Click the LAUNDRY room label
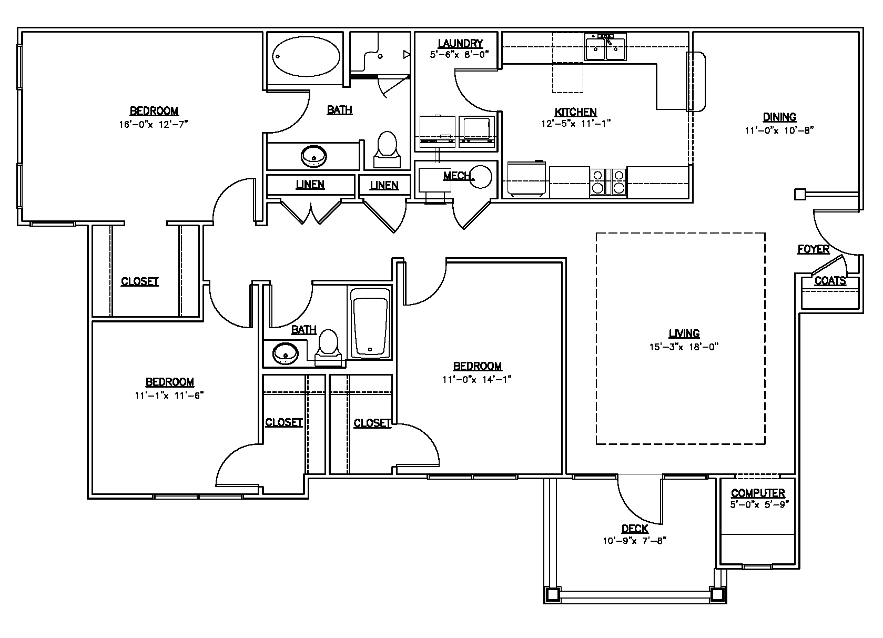460,44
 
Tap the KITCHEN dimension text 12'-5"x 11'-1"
575,123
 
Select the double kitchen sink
606,48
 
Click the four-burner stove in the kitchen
608,181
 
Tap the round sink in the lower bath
285,353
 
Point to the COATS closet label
830,281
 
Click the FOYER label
813,249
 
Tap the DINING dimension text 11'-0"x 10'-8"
779,130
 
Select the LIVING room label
684,333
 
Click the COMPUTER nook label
758,493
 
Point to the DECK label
634,529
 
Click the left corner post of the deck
552,594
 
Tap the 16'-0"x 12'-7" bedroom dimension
154,124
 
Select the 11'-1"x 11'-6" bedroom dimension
169,395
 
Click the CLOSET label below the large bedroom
139,281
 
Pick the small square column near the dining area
800,195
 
